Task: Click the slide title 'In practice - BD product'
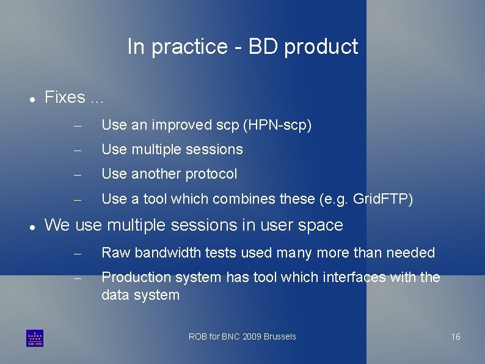tap(242, 46)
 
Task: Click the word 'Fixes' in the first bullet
tap(65, 97)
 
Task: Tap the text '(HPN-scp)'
tap(277, 125)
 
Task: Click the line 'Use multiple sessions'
tap(172, 149)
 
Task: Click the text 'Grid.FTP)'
tap(383, 199)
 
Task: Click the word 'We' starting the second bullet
tap(57, 225)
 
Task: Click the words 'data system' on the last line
tap(140, 295)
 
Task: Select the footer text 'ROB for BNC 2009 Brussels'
tap(242, 336)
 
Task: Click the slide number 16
tap(456, 336)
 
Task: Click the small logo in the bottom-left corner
tap(35, 338)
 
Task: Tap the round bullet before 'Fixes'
tap(31, 98)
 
